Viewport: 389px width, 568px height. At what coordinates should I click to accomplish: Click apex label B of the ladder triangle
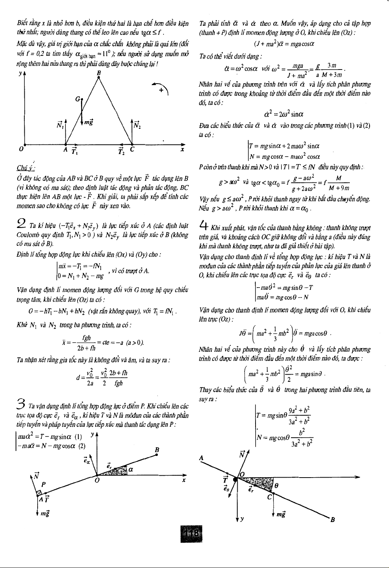pyautogui.click(x=99, y=73)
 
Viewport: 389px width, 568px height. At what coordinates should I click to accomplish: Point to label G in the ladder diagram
pyautogui.click(x=77, y=99)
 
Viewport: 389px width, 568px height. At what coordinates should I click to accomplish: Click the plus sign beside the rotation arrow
pyautogui.click(x=162, y=90)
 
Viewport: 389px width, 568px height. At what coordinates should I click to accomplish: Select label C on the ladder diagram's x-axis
pyautogui.click(x=132, y=150)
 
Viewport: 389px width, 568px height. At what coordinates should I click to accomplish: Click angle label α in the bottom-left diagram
pyautogui.click(x=130, y=470)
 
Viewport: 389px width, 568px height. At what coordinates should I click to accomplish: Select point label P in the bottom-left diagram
pyautogui.click(x=43, y=484)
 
